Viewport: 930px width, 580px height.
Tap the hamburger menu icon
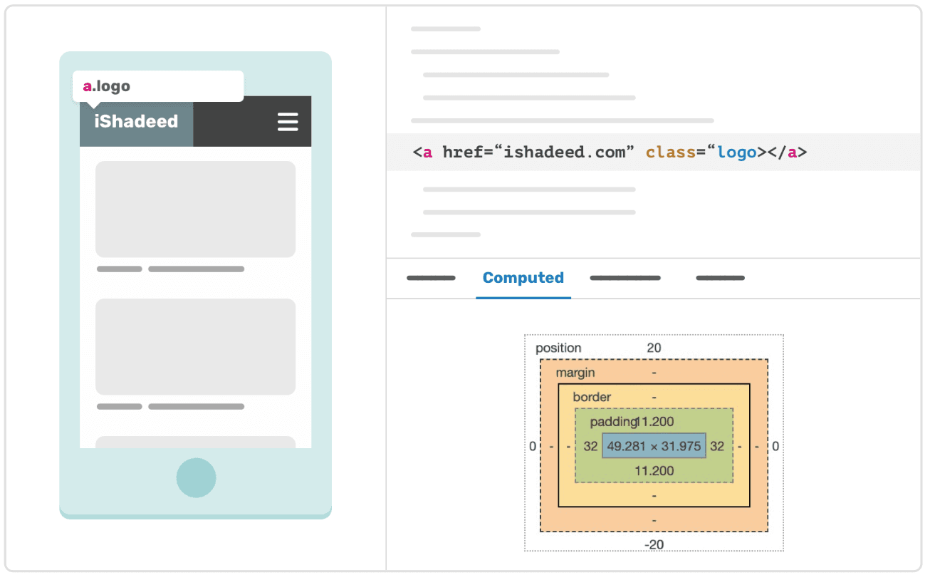coord(288,122)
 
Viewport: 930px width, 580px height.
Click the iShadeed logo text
coord(136,121)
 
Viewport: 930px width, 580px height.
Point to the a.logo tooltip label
coord(107,86)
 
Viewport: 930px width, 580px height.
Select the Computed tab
coord(523,278)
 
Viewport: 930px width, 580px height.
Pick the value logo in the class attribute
coord(736,152)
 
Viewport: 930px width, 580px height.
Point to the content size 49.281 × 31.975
coord(654,446)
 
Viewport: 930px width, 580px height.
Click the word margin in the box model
coord(575,373)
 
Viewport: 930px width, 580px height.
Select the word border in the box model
coord(592,397)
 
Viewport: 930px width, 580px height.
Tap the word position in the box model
coord(558,348)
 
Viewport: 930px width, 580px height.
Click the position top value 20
coord(654,348)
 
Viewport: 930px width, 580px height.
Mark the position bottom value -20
coord(654,544)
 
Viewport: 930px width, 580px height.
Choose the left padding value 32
coord(590,446)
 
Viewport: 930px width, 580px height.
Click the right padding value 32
coord(717,446)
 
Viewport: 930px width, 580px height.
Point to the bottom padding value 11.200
coord(654,470)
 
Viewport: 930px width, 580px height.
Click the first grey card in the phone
coord(195,209)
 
